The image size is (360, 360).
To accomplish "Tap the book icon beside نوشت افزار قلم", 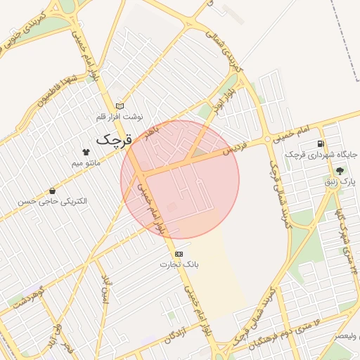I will pyautogui.click(x=120, y=105).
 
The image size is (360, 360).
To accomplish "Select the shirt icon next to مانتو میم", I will pyautogui.click(x=86, y=151).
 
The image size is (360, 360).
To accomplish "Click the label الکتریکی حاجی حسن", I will pyautogui.click(x=53, y=201).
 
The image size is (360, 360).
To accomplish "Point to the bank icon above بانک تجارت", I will pyautogui.click(x=179, y=253).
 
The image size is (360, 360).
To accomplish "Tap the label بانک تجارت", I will pyautogui.click(x=179, y=264).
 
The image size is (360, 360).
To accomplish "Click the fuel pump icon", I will pyautogui.click(x=321, y=143).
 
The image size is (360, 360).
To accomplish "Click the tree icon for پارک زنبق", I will pyautogui.click(x=340, y=171).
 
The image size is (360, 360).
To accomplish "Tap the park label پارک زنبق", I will pyautogui.click(x=340, y=181).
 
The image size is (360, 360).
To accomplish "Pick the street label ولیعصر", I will pyautogui.click(x=344, y=335).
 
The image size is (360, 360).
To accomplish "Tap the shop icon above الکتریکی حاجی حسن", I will pyautogui.click(x=53, y=191).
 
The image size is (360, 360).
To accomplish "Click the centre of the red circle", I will pyautogui.click(x=180, y=179).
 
